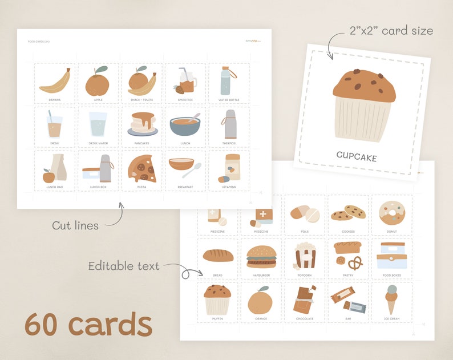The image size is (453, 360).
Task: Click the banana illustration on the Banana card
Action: click(x=55, y=82)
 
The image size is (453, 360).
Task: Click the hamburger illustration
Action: click(x=261, y=256)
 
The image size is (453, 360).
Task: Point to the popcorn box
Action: click(x=305, y=256)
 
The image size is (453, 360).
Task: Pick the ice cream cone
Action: click(x=391, y=299)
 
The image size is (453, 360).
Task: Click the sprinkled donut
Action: click(x=391, y=212)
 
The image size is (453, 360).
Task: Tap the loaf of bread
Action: click(x=218, y=256)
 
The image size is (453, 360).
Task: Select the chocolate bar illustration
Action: click(x=305, y=299)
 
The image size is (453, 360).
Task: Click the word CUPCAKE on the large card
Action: click(x=357, y=156)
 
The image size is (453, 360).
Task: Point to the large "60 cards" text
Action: click(x=88, y=325)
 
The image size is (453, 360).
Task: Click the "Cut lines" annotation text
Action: click(x=75, y=225)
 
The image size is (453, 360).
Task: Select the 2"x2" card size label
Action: click(x=391, y=30)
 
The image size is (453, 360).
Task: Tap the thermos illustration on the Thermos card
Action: click(x=228, y=124)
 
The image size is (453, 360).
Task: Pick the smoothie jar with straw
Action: click(x=186, y=81)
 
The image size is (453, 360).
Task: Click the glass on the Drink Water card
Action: click(x=98, y=124)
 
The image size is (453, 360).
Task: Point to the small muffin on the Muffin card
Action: click(x=217, y=298)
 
